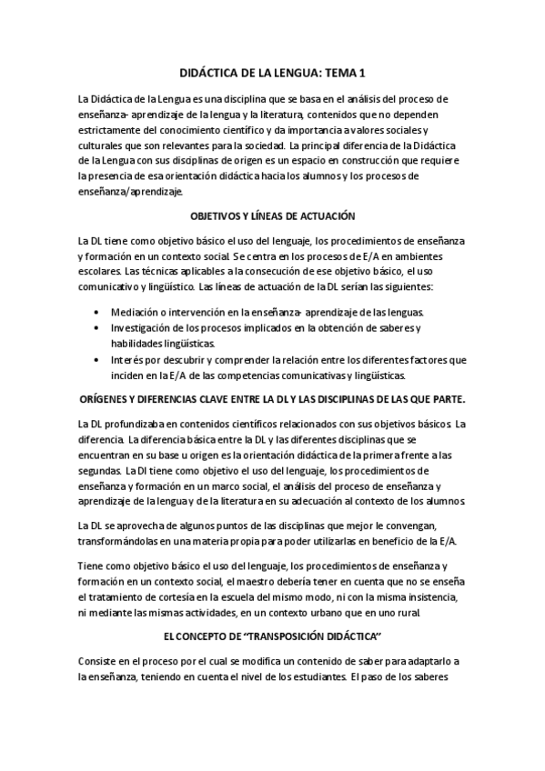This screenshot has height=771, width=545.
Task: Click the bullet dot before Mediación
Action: (97, 312)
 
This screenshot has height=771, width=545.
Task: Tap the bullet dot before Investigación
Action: (97, 327)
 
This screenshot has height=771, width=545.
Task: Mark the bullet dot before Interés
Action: (97, 359)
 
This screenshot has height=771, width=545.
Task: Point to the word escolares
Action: (98, 271)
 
